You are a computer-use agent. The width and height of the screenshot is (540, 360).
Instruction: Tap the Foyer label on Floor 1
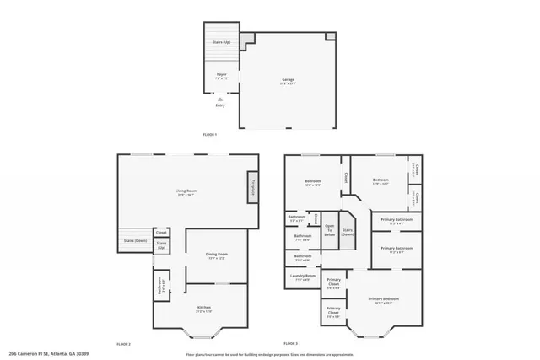pos(221,76)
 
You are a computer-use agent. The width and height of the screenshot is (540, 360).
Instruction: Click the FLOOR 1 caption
pos(211,135)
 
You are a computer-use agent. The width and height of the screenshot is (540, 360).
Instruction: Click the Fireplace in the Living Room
pos(252,187)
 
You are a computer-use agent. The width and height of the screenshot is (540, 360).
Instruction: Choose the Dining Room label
pos(217,255)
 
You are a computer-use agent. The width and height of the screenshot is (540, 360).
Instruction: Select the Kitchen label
pos(204,309)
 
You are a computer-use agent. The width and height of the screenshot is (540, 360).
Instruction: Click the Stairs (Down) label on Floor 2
pos(136,240)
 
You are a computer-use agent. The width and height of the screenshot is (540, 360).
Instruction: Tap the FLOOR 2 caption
pos(123,343)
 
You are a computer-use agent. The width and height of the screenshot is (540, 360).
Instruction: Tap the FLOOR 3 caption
pos(291,343)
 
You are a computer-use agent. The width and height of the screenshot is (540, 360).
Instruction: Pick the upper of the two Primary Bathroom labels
pos(395,222)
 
